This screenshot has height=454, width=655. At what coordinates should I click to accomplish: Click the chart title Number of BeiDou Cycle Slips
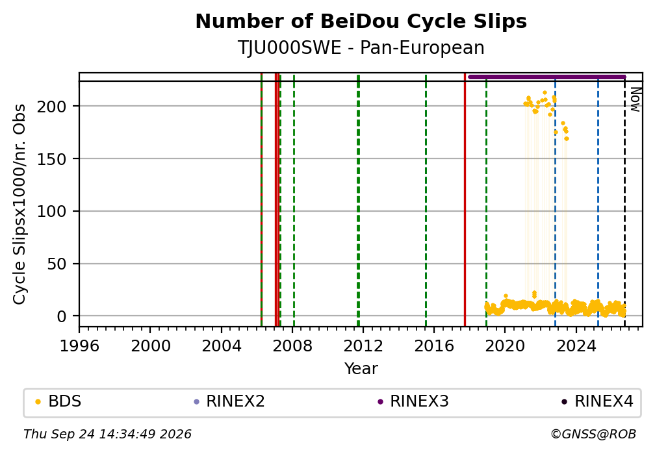[361, 21]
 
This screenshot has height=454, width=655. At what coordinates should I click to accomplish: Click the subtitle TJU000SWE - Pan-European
[361, 48]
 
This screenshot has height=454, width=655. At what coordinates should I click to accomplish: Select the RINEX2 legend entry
[229, 401]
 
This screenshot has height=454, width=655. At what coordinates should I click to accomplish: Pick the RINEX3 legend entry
[413, 401]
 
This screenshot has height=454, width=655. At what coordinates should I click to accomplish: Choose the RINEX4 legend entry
[598, 401]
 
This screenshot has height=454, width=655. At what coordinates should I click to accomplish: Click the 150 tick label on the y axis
[51, 159]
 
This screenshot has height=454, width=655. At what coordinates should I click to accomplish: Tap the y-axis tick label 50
[57, 264]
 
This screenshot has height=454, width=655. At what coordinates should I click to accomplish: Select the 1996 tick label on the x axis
[79, 346]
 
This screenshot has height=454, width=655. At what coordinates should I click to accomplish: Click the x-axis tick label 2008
[292, 346]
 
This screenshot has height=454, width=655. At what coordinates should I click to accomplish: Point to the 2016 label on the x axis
[433, 346]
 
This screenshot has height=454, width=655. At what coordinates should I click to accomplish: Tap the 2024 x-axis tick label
[576, 346]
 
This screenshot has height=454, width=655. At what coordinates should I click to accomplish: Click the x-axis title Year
[361, 369]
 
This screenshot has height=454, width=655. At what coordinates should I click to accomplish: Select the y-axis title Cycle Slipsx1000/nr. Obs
[19, 204]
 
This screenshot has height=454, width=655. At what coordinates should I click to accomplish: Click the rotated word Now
[635, 99]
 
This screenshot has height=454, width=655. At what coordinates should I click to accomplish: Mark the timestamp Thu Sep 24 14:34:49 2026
[107, 435]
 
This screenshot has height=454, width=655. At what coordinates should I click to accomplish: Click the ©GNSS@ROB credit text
[593, 435]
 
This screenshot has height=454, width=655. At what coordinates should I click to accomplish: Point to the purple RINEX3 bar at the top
[547, 77]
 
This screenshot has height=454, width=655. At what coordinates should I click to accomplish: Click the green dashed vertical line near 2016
[426, 199]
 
